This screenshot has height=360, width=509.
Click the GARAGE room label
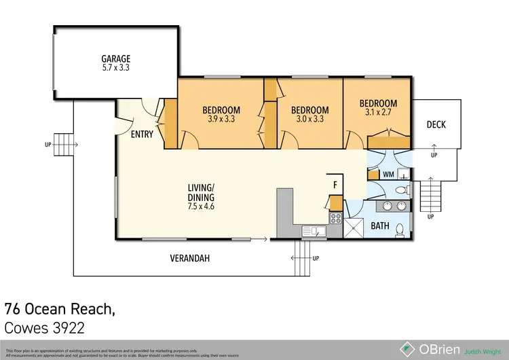(x=116, y=59)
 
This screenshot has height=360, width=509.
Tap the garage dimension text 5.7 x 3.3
(x=116, y=69)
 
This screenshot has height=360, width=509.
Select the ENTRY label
(x=141, y=134)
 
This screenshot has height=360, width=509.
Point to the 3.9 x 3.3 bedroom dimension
(x=221, y=120)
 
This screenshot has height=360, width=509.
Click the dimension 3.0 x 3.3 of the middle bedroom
(x=309, y=120)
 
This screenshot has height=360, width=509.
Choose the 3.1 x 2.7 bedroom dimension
(x=378, y=113)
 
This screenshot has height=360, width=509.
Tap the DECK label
(x=436, y=124)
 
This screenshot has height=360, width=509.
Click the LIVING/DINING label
(x=201, y=192)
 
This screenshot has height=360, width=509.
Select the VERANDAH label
(x=189, y=258)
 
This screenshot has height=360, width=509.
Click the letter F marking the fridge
(x=335, y=184)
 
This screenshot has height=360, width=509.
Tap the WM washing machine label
(x=388, y=175)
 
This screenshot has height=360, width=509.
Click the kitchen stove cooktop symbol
(x=335, y=219)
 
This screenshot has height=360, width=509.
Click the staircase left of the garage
(x=62, y=145)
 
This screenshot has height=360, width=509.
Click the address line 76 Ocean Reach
(x=60, y=309)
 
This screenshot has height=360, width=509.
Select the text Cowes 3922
(x=45, y=329)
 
